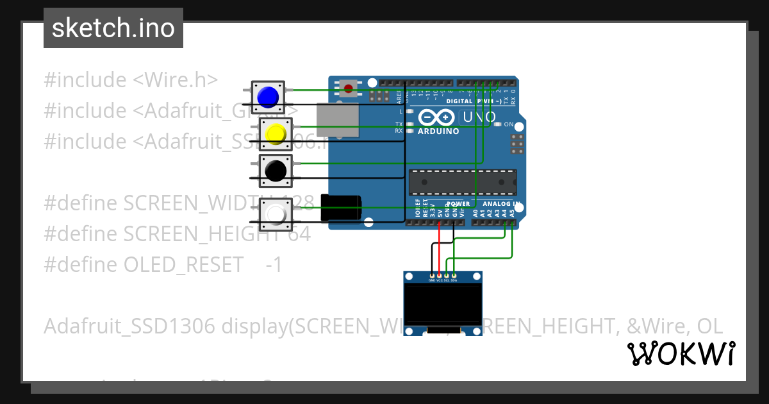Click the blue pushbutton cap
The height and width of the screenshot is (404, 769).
(267, 96)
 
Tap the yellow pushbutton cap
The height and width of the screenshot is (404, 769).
(276, 133)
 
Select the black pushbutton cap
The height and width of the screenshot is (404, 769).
(276, 171)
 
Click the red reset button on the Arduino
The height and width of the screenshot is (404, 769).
(348, 88)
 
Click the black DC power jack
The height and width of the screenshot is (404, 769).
(341, 208)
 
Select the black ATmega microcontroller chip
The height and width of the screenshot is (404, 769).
(463, 182)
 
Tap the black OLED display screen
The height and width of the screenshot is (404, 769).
(443, 304)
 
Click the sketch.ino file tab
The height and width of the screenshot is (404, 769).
(113, 28)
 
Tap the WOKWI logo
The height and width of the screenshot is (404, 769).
(681, 354)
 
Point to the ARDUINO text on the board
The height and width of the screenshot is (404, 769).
(438, 131)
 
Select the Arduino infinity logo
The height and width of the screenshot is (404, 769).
(437, 117)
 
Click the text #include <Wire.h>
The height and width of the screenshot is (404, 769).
(131, 80)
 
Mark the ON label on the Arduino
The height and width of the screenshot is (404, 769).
(509, 124)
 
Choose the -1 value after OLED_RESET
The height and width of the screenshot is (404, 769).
(274, 265)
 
